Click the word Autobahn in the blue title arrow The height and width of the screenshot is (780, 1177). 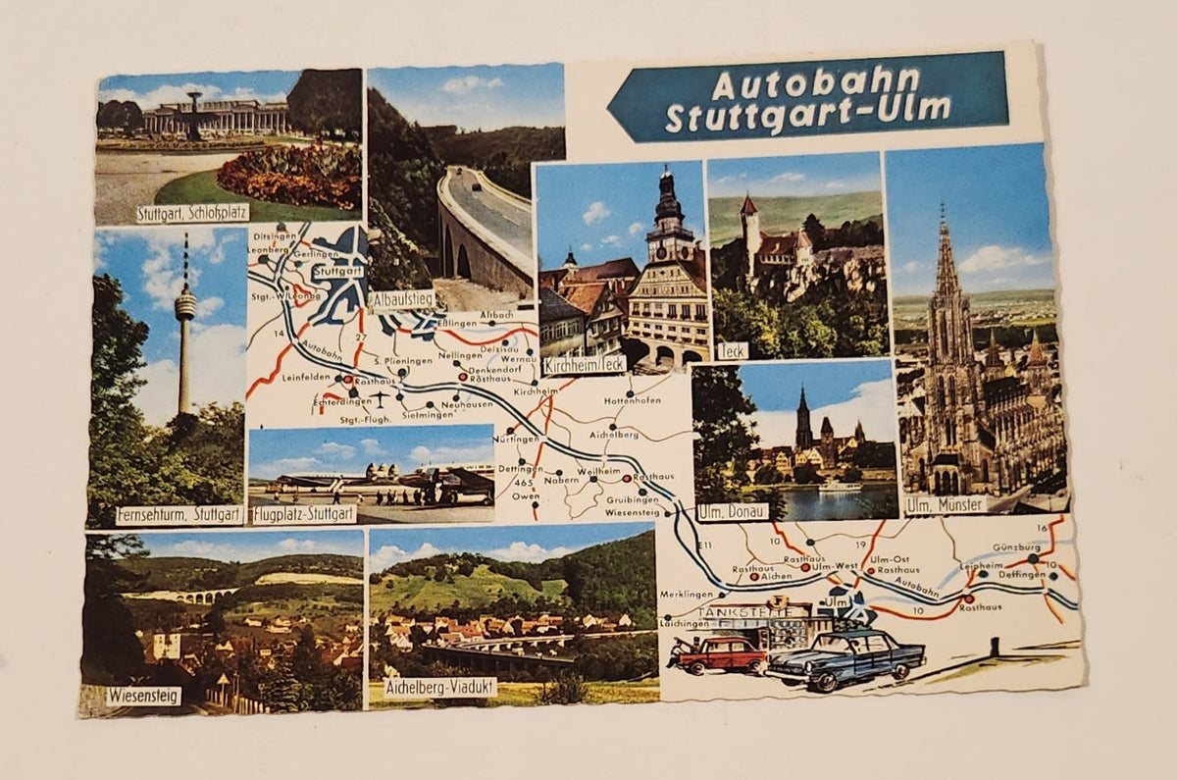[815, 82]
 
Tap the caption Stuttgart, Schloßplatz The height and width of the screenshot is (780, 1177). [192, 213]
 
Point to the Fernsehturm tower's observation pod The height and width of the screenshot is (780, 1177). [185, 306]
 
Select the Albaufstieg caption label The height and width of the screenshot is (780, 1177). [402, 299]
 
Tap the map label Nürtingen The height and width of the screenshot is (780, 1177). [517, 439]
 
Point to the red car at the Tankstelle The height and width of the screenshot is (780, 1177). [718, 653]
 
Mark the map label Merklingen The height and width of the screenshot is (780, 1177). [687, 595]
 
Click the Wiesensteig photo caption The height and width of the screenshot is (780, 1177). [143, 696]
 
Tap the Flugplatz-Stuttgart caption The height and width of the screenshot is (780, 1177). [304, 513]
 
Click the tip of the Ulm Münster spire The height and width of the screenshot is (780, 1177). [944, 209]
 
